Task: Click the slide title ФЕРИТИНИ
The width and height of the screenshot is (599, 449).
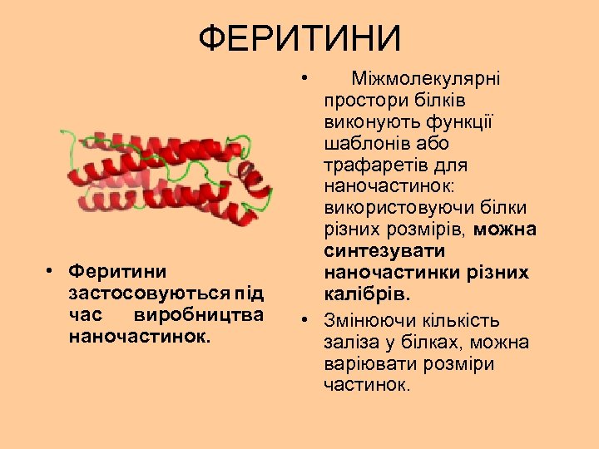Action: [299, 37]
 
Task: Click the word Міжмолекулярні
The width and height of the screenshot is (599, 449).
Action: [425, 79]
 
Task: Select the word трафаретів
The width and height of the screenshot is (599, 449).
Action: [366, 165]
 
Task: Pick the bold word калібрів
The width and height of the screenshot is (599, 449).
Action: [367, 295]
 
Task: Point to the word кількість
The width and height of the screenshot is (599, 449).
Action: [464, 321]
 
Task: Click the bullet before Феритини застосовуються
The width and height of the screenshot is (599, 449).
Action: [52, 272]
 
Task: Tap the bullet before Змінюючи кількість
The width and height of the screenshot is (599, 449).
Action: [307, 321]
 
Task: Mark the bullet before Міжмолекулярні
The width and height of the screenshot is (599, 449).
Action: [307, 79]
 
